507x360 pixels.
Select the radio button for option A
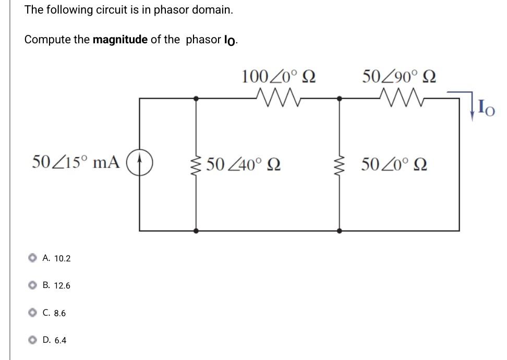33,258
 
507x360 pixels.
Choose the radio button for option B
33,285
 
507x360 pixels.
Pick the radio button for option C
33,313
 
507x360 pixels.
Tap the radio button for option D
33,340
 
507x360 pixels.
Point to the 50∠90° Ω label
400,77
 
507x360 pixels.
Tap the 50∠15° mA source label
77,162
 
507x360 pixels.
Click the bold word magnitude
120,40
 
